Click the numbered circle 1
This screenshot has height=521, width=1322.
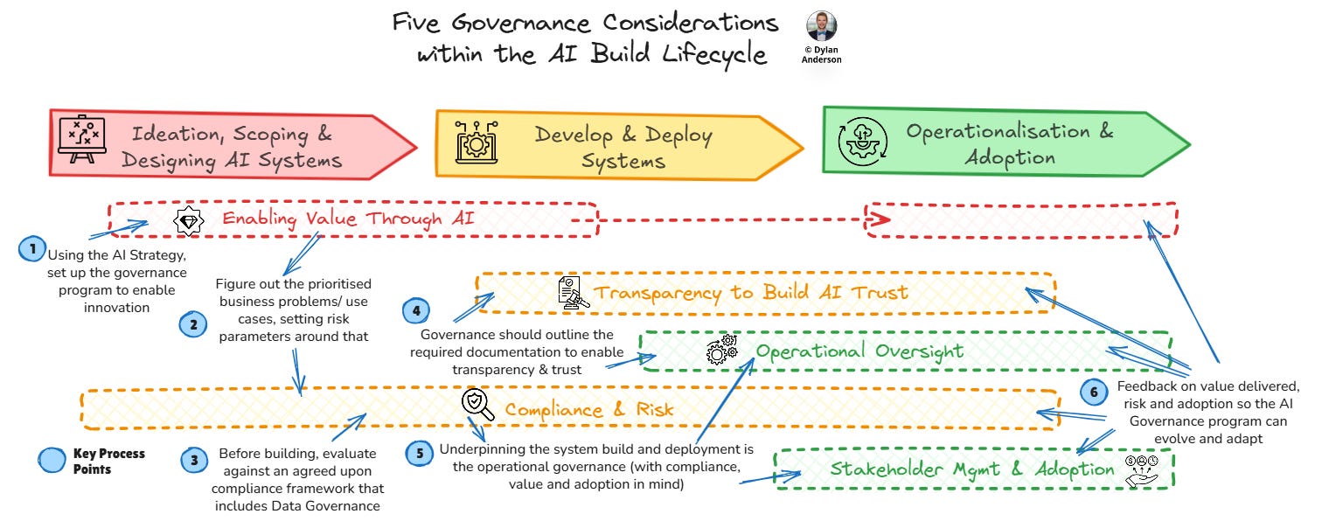coord(33,249)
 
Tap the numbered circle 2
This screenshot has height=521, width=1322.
coord(193,325)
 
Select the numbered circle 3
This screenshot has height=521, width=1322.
coord(193,458)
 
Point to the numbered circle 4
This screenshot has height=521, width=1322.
coord(416,311)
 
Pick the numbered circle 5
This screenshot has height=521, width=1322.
coord(421,454)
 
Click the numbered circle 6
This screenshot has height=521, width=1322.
coord(1093,392)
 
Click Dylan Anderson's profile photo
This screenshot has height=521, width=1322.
coord(821,27)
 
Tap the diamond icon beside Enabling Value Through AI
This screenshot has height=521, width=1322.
coord(188,221)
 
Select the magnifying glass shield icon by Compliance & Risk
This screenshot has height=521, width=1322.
coord(477,405)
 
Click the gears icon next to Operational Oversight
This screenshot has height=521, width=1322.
coord(721,351)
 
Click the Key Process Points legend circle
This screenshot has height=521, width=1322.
coord(52,461)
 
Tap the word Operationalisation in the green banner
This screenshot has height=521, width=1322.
coord(996,132)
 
